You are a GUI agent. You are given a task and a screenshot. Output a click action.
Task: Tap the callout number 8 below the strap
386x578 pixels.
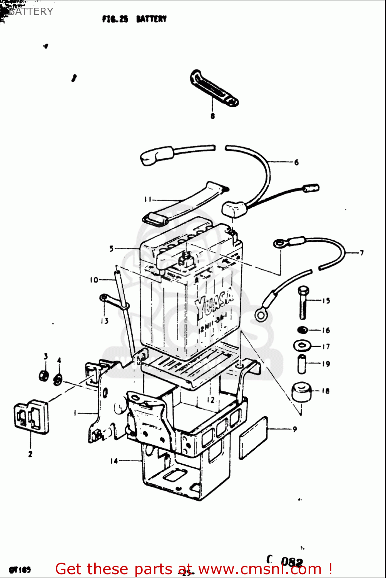tap(212, 116)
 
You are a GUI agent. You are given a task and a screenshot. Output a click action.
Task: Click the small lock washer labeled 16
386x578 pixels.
tap(303, 330)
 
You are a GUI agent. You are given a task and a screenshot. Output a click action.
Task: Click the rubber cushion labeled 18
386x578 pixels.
tap(301, 392)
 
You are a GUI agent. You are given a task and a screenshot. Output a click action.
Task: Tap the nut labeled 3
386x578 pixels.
tap(44, 375)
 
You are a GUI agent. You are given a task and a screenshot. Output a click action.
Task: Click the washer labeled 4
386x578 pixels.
tap(58, 379)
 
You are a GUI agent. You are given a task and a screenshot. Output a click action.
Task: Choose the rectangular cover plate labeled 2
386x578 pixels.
tap(32, 417)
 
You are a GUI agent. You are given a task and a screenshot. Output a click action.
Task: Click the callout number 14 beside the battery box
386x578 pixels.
tap(114, 461)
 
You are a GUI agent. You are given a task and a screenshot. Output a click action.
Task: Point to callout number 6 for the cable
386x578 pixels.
tap(296, 162)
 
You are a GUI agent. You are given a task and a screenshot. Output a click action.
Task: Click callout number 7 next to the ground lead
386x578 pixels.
tap(361, 253)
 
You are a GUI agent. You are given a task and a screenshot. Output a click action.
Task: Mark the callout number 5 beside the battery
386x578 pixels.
tap(112, 249)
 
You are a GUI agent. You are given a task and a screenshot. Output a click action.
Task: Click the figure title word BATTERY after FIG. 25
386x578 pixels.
tap(151, 19)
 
